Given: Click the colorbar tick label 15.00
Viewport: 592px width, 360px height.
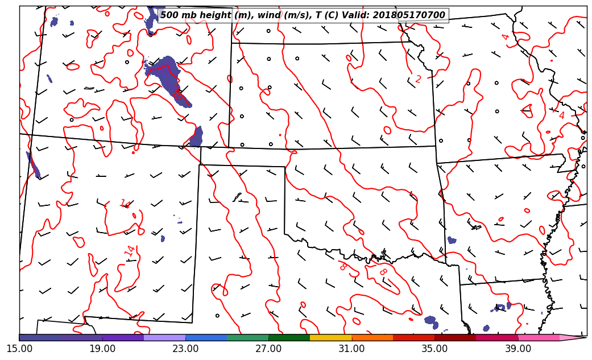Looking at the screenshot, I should coord(19,348).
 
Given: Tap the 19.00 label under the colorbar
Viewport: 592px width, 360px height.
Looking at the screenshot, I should coord(102,348).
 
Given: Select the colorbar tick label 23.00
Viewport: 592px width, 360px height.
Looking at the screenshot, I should coord(185,348).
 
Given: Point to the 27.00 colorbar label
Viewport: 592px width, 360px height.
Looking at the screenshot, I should coord(268,348).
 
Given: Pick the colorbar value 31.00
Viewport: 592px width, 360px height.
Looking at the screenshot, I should coord(351,348).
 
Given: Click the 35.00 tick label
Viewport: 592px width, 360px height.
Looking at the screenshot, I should coord(434,348).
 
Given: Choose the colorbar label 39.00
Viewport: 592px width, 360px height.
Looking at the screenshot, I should coord(518,348).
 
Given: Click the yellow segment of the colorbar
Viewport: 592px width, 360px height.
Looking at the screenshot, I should coord(331,337).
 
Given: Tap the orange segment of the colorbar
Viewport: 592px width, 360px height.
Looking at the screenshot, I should coord(372,337).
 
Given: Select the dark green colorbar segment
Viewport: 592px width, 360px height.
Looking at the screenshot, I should coord(289,337).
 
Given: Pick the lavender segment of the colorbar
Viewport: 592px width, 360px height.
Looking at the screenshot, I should coord(165,337).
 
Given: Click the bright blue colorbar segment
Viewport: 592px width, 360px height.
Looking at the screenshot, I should coord(206,337).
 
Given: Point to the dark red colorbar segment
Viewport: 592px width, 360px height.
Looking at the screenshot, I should coord(456,337).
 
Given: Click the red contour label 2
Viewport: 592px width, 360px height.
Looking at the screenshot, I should coord(418,79).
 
